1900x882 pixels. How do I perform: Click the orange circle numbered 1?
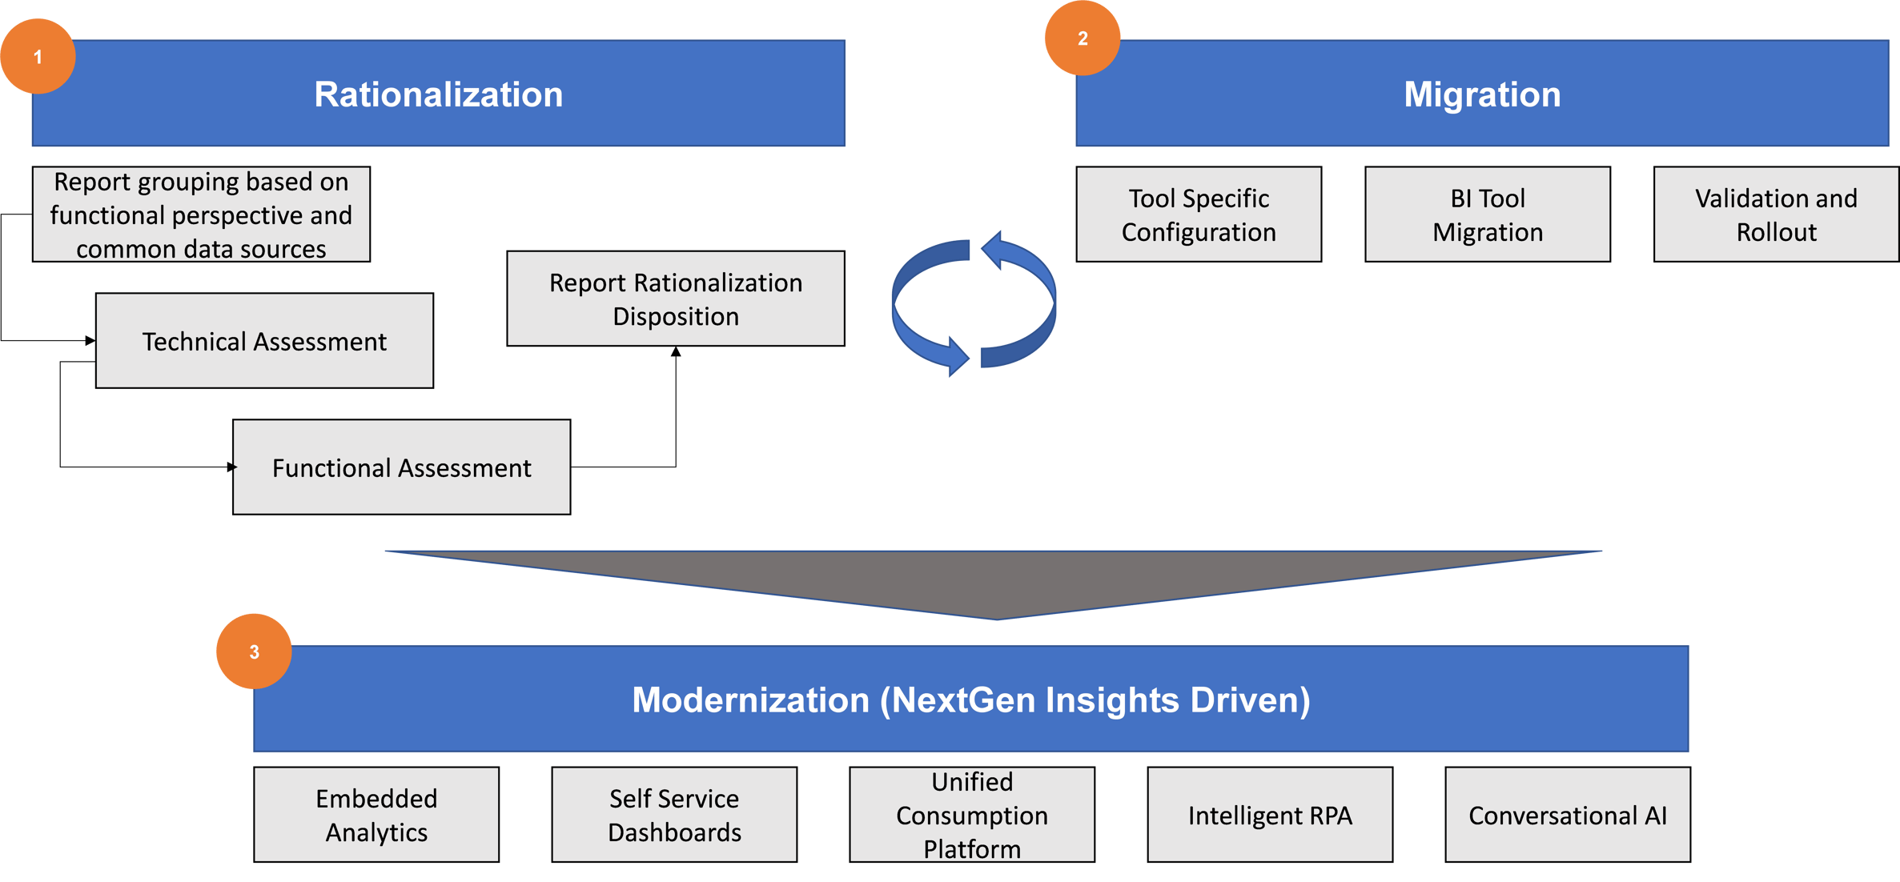coord(38,57)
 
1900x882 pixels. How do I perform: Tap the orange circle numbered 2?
coord(1082,38)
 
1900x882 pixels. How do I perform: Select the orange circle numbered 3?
coord(254,651)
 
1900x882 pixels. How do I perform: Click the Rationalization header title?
coord(438,94)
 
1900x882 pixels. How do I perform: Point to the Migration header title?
coord(1481,94)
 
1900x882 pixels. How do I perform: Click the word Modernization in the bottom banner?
coord(750,700)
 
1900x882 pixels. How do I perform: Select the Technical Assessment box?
coord(264,341)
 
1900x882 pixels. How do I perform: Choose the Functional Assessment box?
coord(401,467)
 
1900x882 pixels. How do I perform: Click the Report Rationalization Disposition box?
coord(675,299)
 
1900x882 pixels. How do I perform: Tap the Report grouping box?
coord(201,214)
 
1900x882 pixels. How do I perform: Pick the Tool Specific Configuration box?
coord(1198,214)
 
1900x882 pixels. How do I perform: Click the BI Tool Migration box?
coord(1487,214)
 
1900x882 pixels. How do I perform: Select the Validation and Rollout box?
coord(1775,214)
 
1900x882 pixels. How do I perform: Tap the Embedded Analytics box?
coord(376,815)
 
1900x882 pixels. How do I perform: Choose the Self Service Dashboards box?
coord(674,815)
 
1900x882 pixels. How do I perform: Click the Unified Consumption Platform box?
coord(971,815)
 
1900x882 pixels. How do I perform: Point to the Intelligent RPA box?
coord(1269,815)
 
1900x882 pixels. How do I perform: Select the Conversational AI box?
coord(1567,815)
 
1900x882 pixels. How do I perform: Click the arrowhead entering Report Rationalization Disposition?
coord(675,352)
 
